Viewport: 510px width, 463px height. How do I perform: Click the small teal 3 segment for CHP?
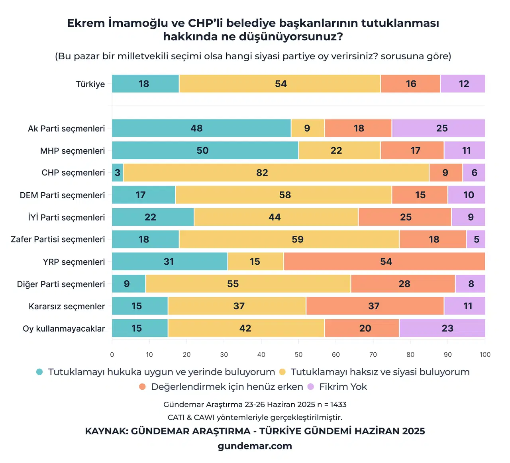pyautogui.click(x=118, y=173)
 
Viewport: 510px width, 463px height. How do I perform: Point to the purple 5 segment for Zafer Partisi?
pyautogui.click(x=476, y=239)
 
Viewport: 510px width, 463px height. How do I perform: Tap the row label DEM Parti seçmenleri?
pyautogui.click(x=63, y=195)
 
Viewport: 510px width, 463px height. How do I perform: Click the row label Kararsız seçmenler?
pyautogui.click(x=67, y=307)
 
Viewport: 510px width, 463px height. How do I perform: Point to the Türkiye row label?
pyautogui.click(x=90, y=84)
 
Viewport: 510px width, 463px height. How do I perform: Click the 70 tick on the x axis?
pyautogui.click(x=373, y=354)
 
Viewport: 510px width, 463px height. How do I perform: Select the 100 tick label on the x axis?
pyautogui.click(x=485, y=354)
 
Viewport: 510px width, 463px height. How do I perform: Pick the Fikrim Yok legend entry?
pyautogui.click(x=343, y=387)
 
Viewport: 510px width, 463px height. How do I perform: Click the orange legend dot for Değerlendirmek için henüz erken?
pyautogui.click(x=142, y=387)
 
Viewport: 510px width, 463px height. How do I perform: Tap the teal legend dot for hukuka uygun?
pyautogui.click(x=39, y=372)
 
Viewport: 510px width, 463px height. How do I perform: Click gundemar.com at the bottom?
pyautogui.click(x=255, y=446)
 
